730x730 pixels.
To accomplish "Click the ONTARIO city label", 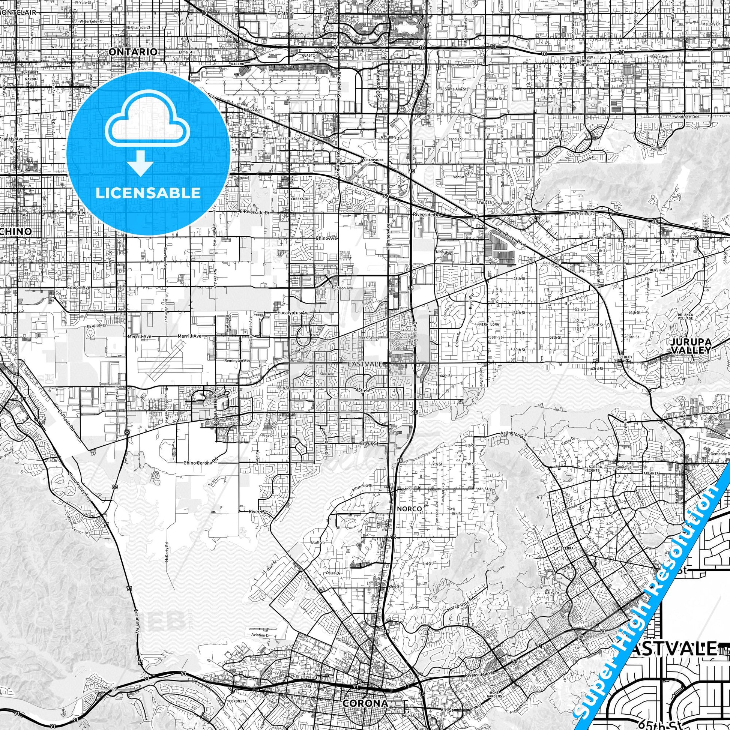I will (133, 52).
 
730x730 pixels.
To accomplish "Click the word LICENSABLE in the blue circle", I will (148, 193).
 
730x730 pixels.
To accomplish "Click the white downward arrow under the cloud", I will (140, 164).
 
